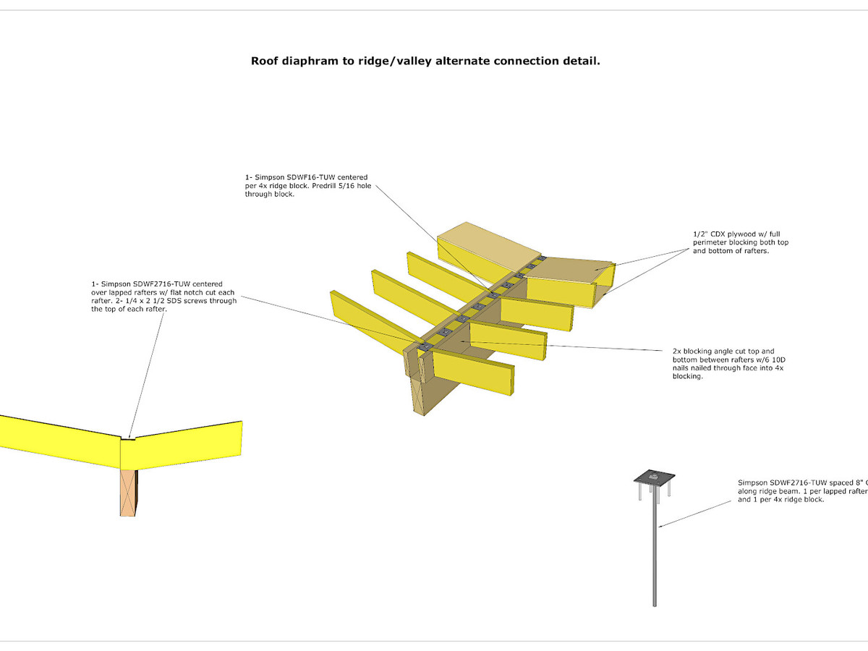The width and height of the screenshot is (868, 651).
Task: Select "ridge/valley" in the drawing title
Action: point(390,61)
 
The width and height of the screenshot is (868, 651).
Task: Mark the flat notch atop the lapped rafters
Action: point(128,438)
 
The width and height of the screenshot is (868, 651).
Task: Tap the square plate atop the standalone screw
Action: point(654,477)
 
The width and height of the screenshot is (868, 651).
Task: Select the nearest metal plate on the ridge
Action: point(425,348)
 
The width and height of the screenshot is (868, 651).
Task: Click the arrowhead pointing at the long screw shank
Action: point(659,527)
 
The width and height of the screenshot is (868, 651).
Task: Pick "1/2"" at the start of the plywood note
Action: point(699,234)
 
